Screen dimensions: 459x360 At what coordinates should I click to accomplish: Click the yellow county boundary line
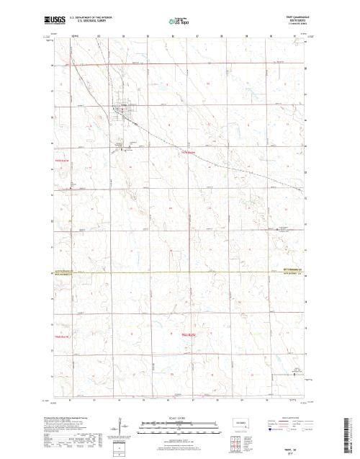coord(180,272)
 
